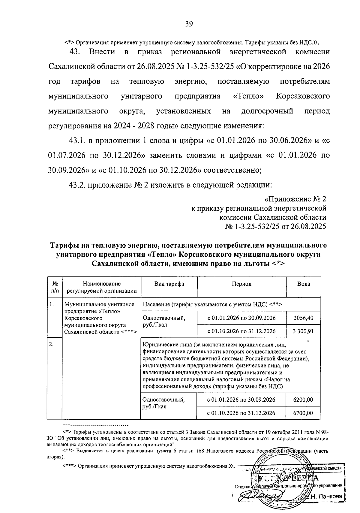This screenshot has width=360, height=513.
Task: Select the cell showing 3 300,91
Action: pyautogui.click(x=303, y=331)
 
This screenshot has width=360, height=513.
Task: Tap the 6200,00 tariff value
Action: pyautogui.click(x=303, y=400)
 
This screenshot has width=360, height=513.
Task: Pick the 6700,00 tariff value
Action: pyautogui.click(x=303, y=413)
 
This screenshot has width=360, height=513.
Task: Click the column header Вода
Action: pyautogui.click(x=304, y=284)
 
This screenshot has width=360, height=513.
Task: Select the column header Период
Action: pyautogui.click(x=241, y=284)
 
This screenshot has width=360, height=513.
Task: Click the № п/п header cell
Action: pyautogui.click(x=55, y=287)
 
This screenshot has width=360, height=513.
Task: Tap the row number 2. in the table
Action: pyautogui.click(x=52, y=345)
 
